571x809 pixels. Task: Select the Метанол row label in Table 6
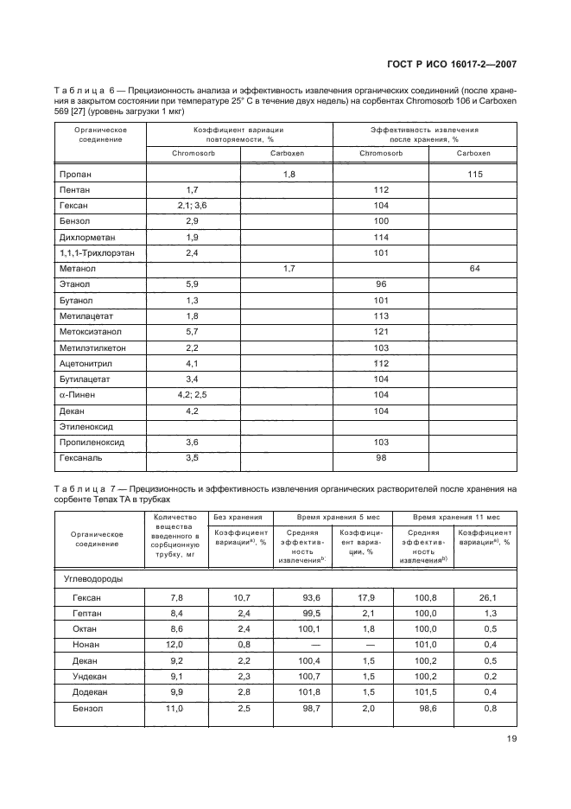pyautogui.click(x=77, y=270)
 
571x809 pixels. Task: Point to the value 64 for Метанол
pyautogui.click(x=474, y=270)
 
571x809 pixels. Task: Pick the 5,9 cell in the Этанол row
pyautogui.click(x=193, y=285)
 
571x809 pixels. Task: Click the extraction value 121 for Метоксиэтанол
pyautogui.click(x=381, y=332)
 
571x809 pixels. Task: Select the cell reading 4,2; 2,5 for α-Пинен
pyautogui.click(x=193, y=395)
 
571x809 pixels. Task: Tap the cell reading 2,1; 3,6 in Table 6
pyautogui.click(x=193, y=206)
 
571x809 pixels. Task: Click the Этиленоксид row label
pyautogui.click(x=86, y=426)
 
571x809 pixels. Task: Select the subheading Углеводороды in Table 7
pyautogui.click(x=93, y=578)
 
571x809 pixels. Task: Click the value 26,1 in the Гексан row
pyautogui.click(x=490, y=597)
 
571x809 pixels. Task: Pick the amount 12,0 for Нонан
pyautogui.click(x=175, y=644)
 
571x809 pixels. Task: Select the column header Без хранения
pyautogui.click(x=237, y=516)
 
